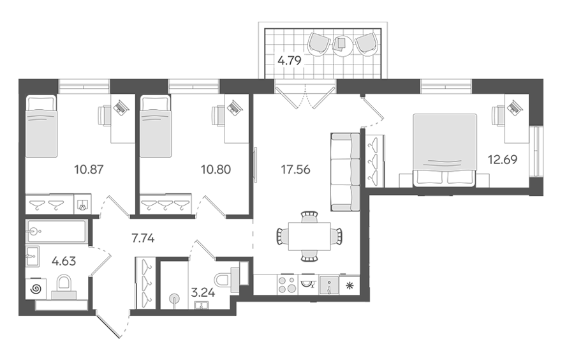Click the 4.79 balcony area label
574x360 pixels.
pyautogui.click(x=289, y=60)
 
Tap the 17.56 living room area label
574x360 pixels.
pyautogui.click(x=295, y=170)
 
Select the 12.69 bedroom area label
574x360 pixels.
pyautogui.click(x=503, y=160)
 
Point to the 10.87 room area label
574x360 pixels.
pyautogui.click(x=89, y=170)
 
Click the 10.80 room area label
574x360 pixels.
pyautogui.click(x=216, y=170)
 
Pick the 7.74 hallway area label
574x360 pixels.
pyautogui.click(x=143, y=239)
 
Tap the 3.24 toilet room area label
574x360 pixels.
pyautogui.click(x=203, y=292)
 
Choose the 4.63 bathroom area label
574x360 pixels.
pyautogui.click(x=64, y=261)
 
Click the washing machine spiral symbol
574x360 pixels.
pyautogui.click(x=36, y=289)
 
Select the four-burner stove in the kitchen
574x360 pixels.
pyautogui.click(x=288, y=285)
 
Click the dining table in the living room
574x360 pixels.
pyautogui.click(x=309, y=237)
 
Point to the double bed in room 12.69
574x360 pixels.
pyautogui.click(x=445, y=150)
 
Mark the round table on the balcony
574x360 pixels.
pyautogui.click(x=343, y=46)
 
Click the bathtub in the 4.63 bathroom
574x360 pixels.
pyautogui.click(x=57, y=231)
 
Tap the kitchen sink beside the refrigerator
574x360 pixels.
pyautogui.click(x=330, y=285)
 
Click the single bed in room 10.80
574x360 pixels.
pyautogui.click(x=156, y=126)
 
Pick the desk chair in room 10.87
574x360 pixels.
pyautogui.click(x=105, y=116)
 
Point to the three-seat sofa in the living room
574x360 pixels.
pyautogui.click(x=346, y=172)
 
